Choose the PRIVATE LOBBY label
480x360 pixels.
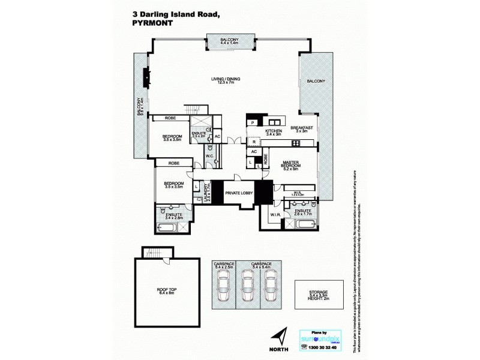pyautogui.click(x=238, y=193)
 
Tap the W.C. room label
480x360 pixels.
pyautogui.click(x=210, y=157)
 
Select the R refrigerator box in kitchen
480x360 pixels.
pyautogui.click(x=254, y=142)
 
